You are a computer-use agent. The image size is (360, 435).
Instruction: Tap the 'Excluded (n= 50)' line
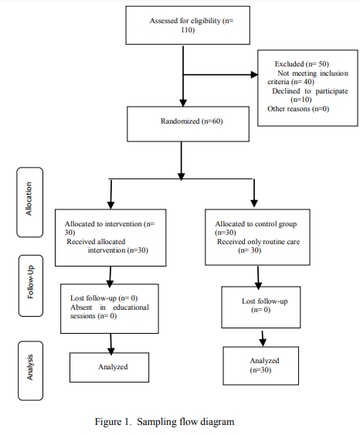coord(302,64)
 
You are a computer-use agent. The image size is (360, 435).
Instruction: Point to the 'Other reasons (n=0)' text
coord(298,109)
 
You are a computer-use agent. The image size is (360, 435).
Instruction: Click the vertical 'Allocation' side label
coord(29,199)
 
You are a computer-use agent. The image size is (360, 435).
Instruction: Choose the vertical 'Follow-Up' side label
coord(30,282)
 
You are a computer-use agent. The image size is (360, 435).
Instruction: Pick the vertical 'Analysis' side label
coord(29,367)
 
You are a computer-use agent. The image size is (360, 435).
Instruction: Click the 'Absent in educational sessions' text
coord(110,311)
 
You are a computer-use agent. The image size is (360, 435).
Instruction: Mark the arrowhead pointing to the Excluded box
coord(254,75)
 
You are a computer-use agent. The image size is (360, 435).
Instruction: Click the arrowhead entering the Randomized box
coord(183,103)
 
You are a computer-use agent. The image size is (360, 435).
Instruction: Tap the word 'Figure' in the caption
coord(108,422)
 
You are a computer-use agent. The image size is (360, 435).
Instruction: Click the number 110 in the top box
coord(188,29)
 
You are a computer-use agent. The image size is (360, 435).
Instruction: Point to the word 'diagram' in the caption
coord(217,422)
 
